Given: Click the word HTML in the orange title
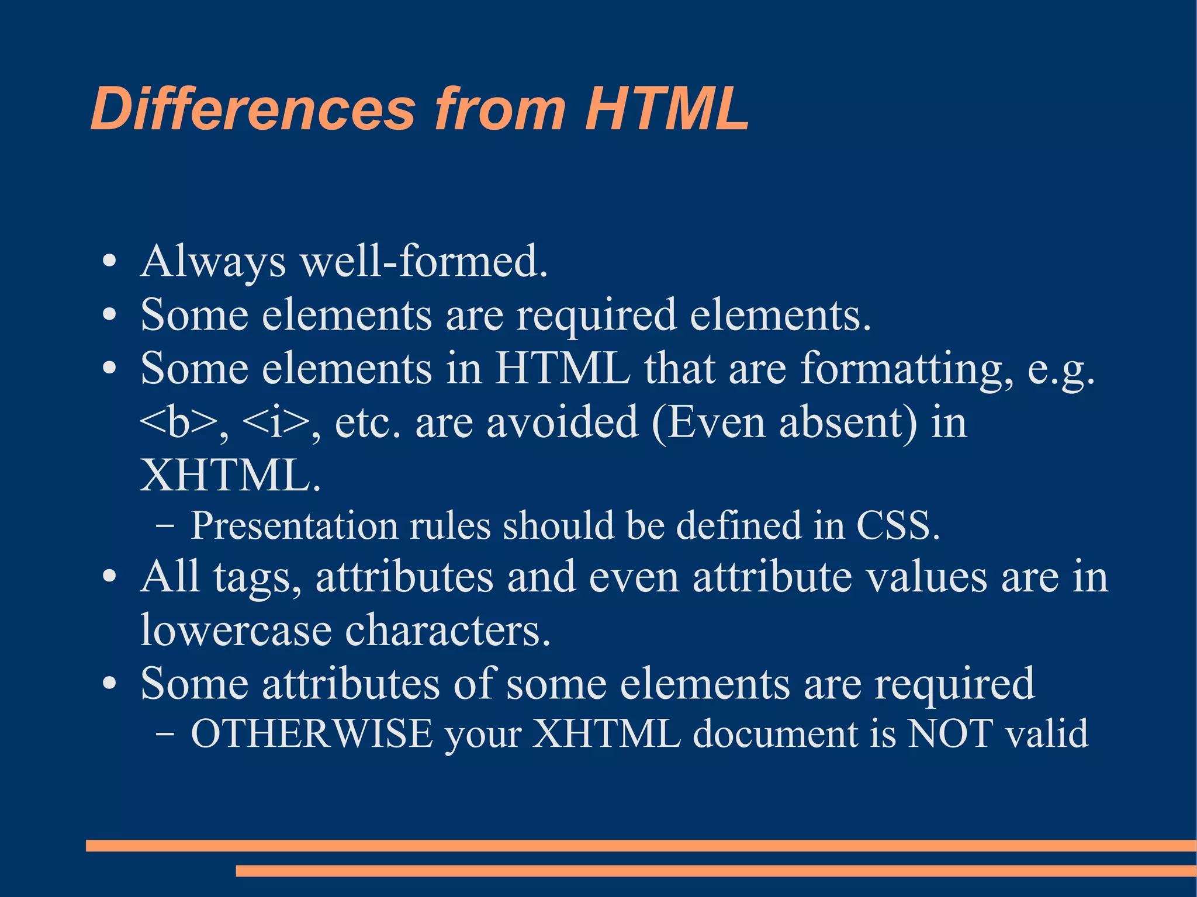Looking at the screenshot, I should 666,109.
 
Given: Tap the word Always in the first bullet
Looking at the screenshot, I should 213,261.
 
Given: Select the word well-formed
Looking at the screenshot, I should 424,261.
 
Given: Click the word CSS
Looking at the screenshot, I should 898,525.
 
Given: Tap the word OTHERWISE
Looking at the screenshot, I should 312,734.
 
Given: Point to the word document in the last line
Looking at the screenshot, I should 775,734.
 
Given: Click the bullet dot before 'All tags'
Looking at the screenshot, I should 109,577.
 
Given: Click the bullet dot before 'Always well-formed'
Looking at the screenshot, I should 109,261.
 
